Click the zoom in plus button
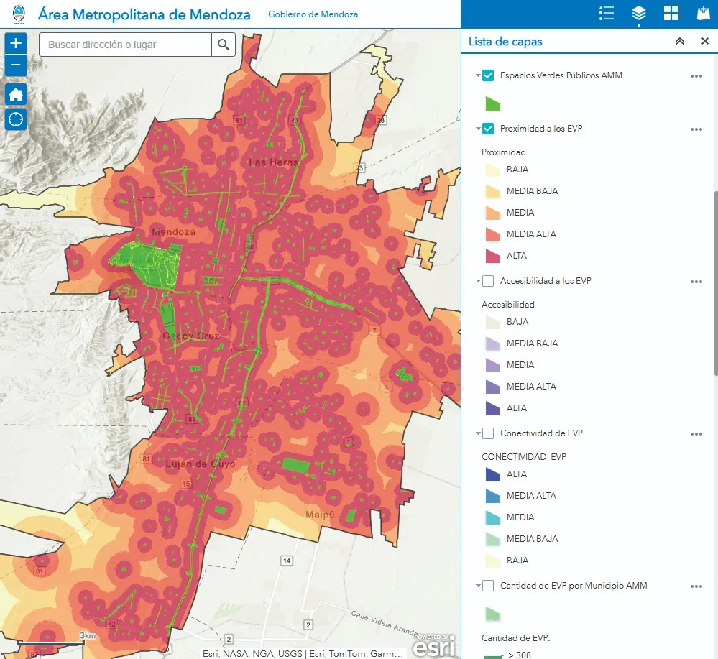coord(16,43)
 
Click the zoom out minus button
coord(16,66)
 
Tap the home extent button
coord(16,94)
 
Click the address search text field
coord(125,45)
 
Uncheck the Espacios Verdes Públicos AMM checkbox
coord(488,75)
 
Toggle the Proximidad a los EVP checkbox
coord(488,129)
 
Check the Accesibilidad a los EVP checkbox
coord(488,281)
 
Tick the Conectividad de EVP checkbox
coord(488,433)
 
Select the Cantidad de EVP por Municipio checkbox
coord(488,586)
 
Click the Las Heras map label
coord(272,162)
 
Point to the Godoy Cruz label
coord(190,336)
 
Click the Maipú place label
coord(321,515)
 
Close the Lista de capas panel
coord(704,42)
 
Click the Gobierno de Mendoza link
coord(313,14)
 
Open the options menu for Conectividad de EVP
coord(695,434)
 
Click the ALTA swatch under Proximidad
coord(492,256)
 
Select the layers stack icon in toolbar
coord(638,14)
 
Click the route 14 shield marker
coord(286,561)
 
